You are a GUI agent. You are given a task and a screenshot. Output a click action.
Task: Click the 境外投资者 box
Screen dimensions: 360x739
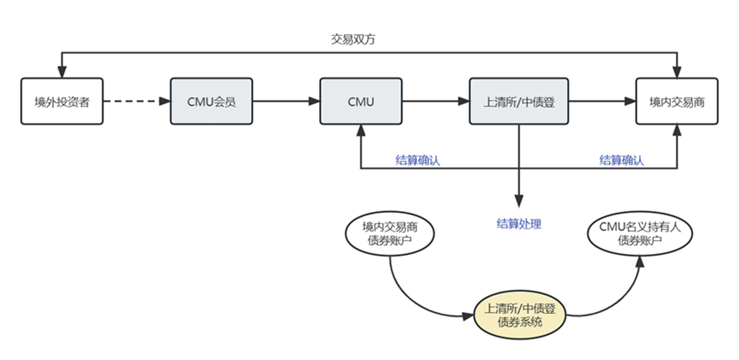62,102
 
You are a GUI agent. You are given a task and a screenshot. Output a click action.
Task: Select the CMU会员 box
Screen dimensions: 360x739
212,102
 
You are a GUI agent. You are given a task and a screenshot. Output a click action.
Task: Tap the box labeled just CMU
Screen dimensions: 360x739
360,102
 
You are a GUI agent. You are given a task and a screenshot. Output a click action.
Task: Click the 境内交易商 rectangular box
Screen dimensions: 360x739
676,102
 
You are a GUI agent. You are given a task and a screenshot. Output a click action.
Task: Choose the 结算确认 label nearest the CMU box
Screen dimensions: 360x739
418,160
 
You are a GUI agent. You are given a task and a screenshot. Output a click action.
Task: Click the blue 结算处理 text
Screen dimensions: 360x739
519,224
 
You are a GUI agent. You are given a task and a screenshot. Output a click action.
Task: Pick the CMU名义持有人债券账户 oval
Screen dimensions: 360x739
640,232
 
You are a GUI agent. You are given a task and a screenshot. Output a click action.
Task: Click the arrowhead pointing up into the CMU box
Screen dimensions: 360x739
360,130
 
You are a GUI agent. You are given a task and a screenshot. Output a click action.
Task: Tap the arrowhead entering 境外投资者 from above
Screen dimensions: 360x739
62,72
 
